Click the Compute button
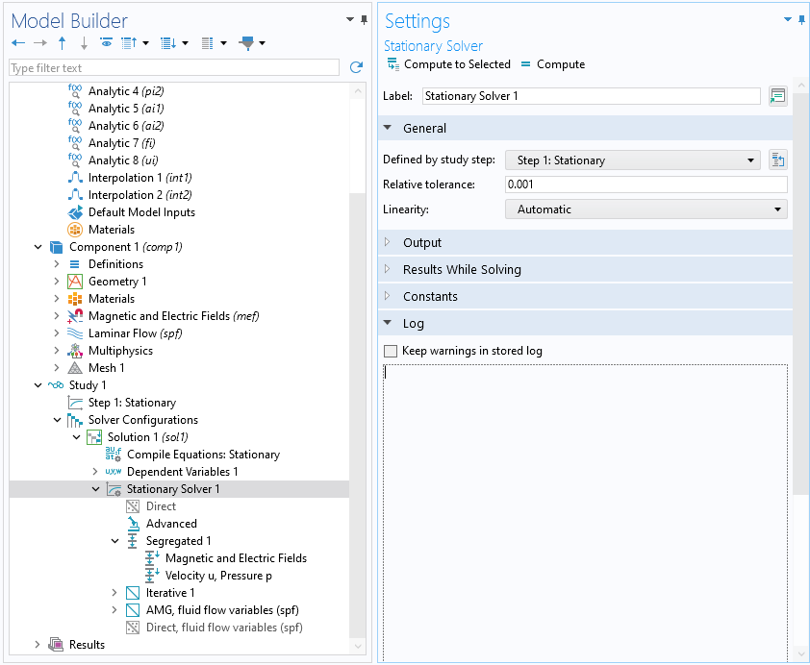553,64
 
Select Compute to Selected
449,64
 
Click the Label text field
591,96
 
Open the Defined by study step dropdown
633,160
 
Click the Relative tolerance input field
645,185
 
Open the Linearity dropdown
645,209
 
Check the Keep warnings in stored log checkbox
391,352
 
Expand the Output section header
422,242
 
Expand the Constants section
430,297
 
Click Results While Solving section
462,270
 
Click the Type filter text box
173,68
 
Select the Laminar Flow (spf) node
135,333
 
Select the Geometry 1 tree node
117,282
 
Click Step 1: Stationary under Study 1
132,403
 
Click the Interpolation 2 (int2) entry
139,195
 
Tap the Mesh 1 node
106,368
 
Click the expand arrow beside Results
38,645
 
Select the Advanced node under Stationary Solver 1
171,524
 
